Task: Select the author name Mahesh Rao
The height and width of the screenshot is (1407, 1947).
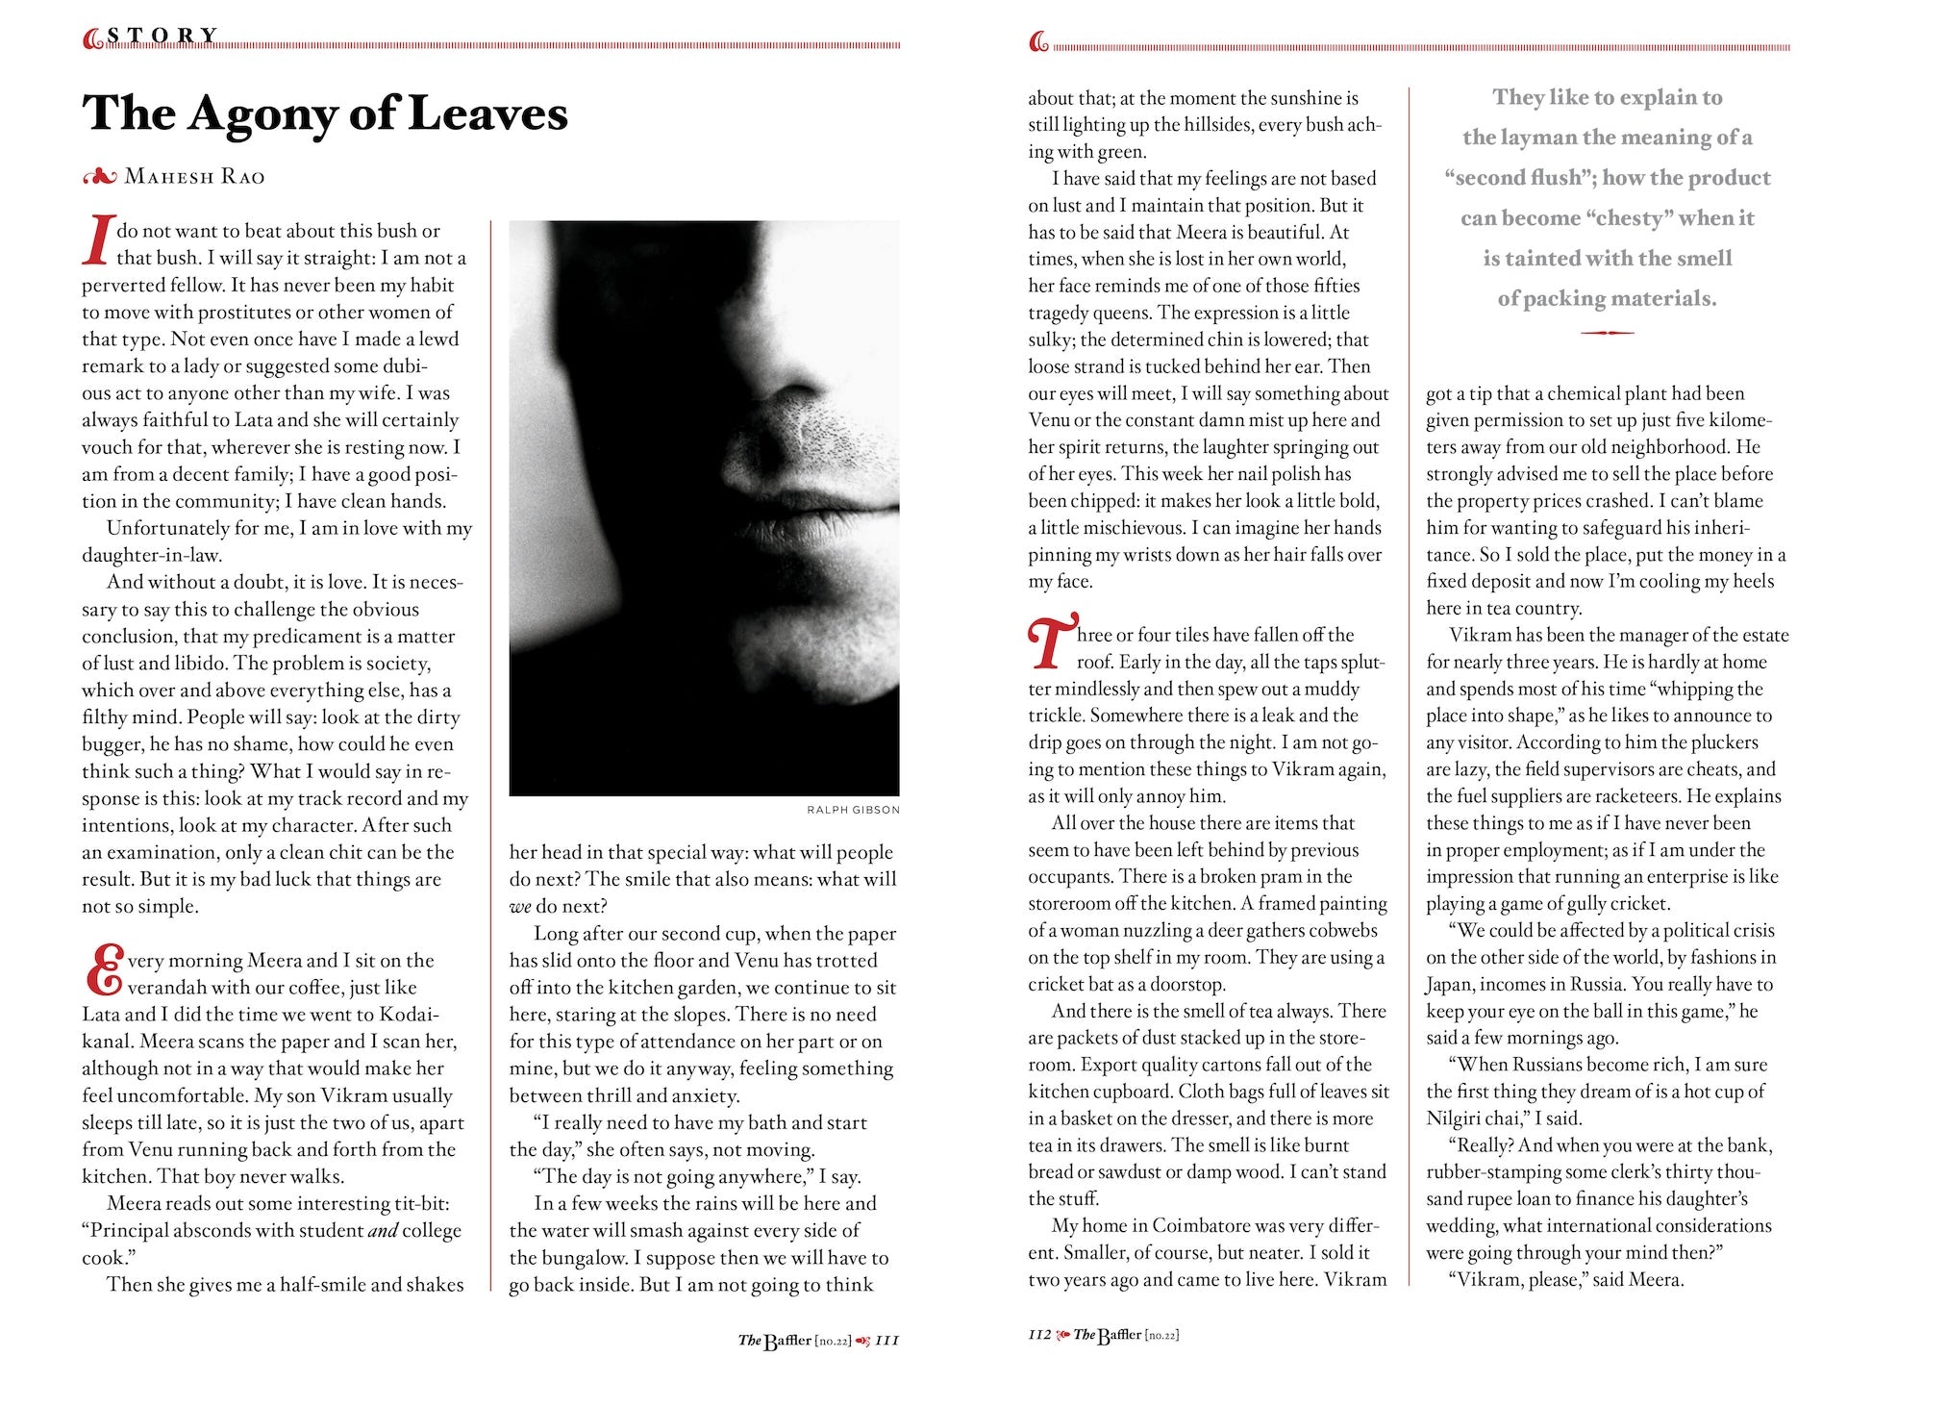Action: click(x=194, y=177)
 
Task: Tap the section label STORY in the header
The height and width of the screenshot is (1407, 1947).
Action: click(x=162, y=37)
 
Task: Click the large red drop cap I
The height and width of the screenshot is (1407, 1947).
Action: click(x=97, y=240)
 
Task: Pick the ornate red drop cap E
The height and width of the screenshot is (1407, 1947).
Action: click(x=104, y=970)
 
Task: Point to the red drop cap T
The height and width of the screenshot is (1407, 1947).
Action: click(x=1051, y=642)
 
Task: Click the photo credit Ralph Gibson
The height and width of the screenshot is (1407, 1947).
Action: click(x=853, y=810)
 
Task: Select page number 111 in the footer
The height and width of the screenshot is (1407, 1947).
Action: click(x=886, y=1340)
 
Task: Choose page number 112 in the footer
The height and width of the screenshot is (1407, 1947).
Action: click(x=1039, y=1334)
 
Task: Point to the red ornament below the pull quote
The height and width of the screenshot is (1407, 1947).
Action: click(x=1607, y=333)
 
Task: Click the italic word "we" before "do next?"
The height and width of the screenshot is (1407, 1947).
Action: click(x=520, y=907)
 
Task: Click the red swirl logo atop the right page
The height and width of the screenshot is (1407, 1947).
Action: click(x=1038, y=42)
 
